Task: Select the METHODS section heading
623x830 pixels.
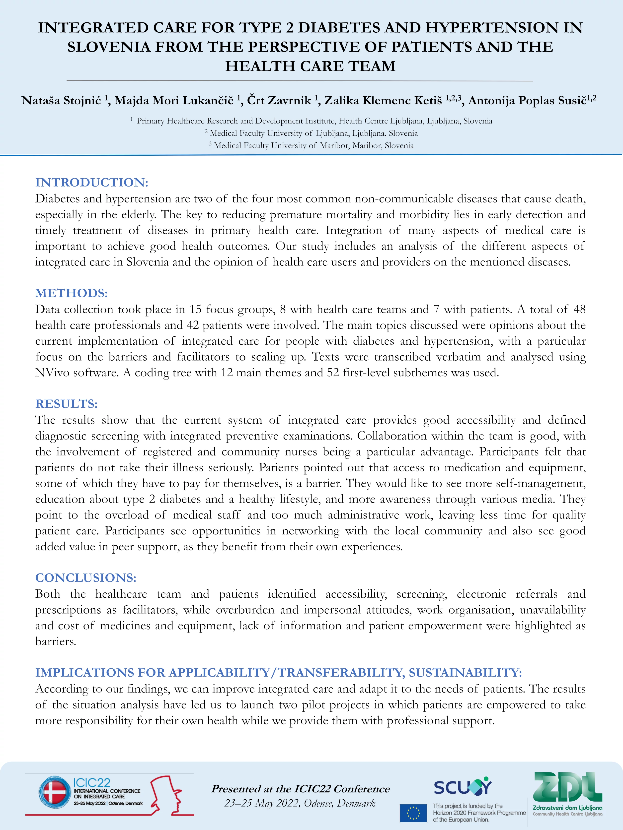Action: pos(71,293)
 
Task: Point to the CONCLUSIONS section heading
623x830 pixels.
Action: pos(86,577)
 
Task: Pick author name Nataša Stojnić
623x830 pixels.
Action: pos(61,101)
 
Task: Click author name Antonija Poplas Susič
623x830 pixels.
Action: pos(527,101)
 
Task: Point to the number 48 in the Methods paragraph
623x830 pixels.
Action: pos(579,309)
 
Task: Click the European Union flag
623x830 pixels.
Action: pos(413,813)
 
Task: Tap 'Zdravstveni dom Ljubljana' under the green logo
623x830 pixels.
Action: pos(567,808)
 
